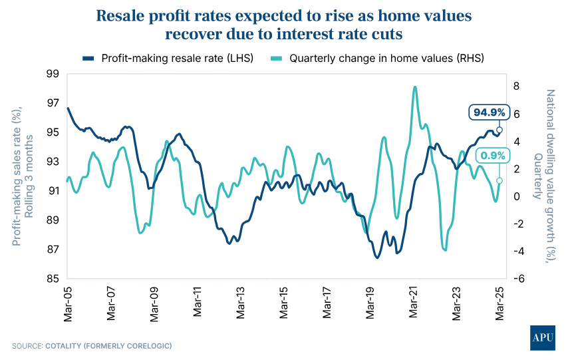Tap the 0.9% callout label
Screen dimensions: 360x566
[x=492, y=156]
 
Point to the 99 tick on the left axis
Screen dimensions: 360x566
[x=53, y=74]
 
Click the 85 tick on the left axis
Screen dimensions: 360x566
[x=53, y=279]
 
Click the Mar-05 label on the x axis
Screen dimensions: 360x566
[x=67, y=304]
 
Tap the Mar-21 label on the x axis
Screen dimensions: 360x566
[x=412, y=304]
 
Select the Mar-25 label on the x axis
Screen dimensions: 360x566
[x=499, y=304]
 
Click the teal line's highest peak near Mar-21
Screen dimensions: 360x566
[x=415, y=87]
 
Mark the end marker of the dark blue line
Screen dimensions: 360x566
[x=499, y=130]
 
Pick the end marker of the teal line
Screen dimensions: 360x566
[x=499, y=180]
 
